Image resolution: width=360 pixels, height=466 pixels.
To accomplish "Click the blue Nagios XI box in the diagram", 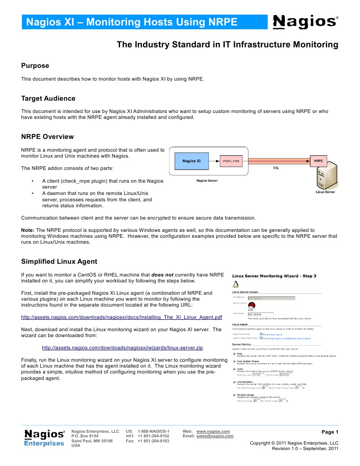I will (192, 161).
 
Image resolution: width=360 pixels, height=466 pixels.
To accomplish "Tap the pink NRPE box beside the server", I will (318, 161).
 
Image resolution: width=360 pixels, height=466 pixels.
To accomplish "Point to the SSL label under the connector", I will (276, 168).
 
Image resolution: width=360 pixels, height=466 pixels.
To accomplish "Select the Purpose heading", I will (35, 66).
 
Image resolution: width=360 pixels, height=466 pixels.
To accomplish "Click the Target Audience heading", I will (48, 98).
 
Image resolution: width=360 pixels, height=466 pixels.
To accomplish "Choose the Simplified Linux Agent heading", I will (59, 261).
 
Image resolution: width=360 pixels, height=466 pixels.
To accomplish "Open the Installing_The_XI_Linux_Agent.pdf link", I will (122, 317).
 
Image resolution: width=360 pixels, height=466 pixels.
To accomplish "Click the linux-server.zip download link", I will (122, 348).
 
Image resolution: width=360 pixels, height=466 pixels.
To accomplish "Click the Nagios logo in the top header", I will (305, 21).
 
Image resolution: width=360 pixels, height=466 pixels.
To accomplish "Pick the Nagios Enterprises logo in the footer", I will (44, 438).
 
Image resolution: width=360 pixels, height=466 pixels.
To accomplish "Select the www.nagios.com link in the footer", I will (213, 431).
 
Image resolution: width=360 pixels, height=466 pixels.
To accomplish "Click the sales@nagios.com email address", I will (215, 436).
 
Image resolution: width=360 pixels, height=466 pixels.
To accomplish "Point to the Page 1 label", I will (330, 432).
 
